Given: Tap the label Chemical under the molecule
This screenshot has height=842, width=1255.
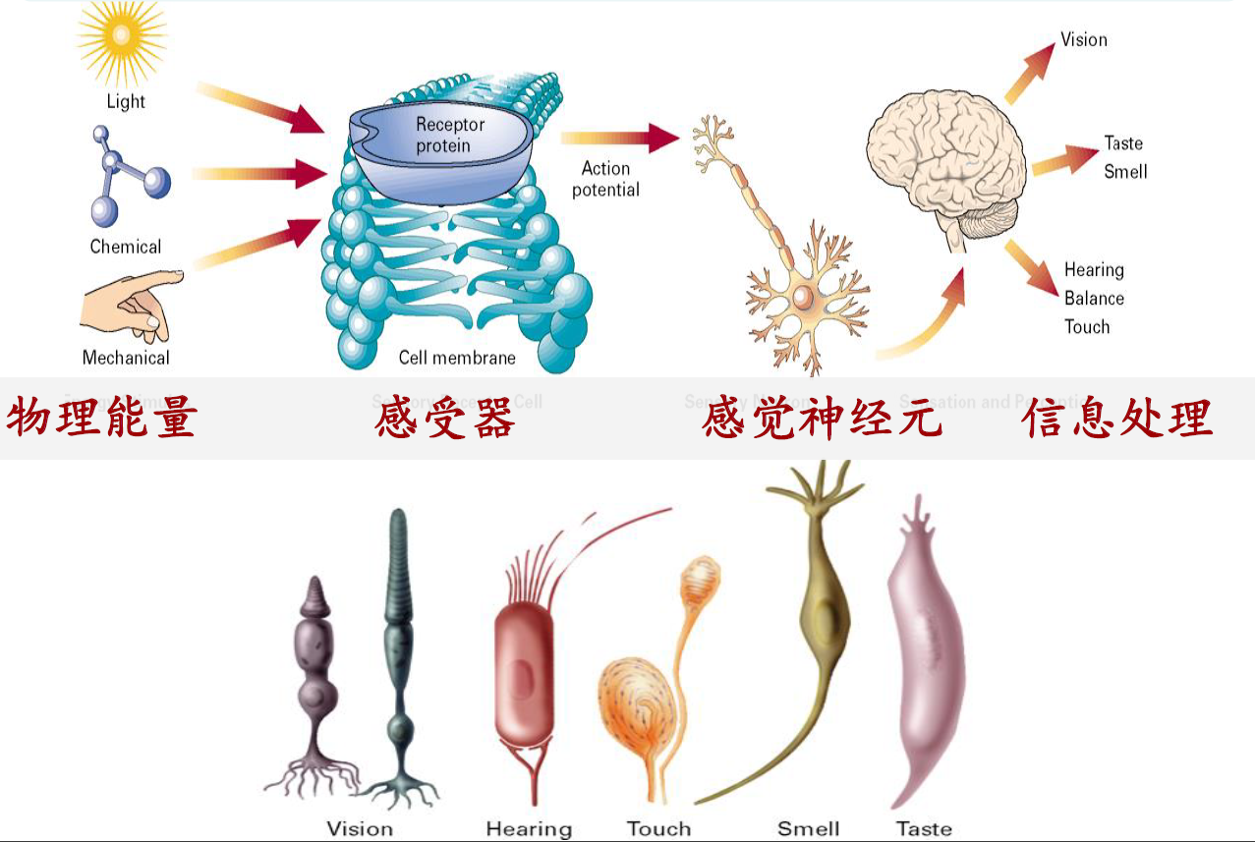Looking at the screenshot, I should pos(126,247).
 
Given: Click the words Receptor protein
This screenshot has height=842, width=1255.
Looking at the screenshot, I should pos(450,136).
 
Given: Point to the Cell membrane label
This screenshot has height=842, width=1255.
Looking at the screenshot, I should pos(457,358).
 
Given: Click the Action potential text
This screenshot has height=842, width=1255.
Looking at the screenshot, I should pos(605,180).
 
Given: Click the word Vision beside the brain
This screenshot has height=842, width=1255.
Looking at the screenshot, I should pos(1084,40).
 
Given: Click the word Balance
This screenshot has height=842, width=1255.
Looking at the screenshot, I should pos(1094,299).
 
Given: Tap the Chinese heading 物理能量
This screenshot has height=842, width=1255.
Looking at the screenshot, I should pos(102,419).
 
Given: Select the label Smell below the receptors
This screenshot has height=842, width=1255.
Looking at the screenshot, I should pos(808,828).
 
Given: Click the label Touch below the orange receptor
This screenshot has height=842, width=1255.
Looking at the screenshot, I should pos(658,828).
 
